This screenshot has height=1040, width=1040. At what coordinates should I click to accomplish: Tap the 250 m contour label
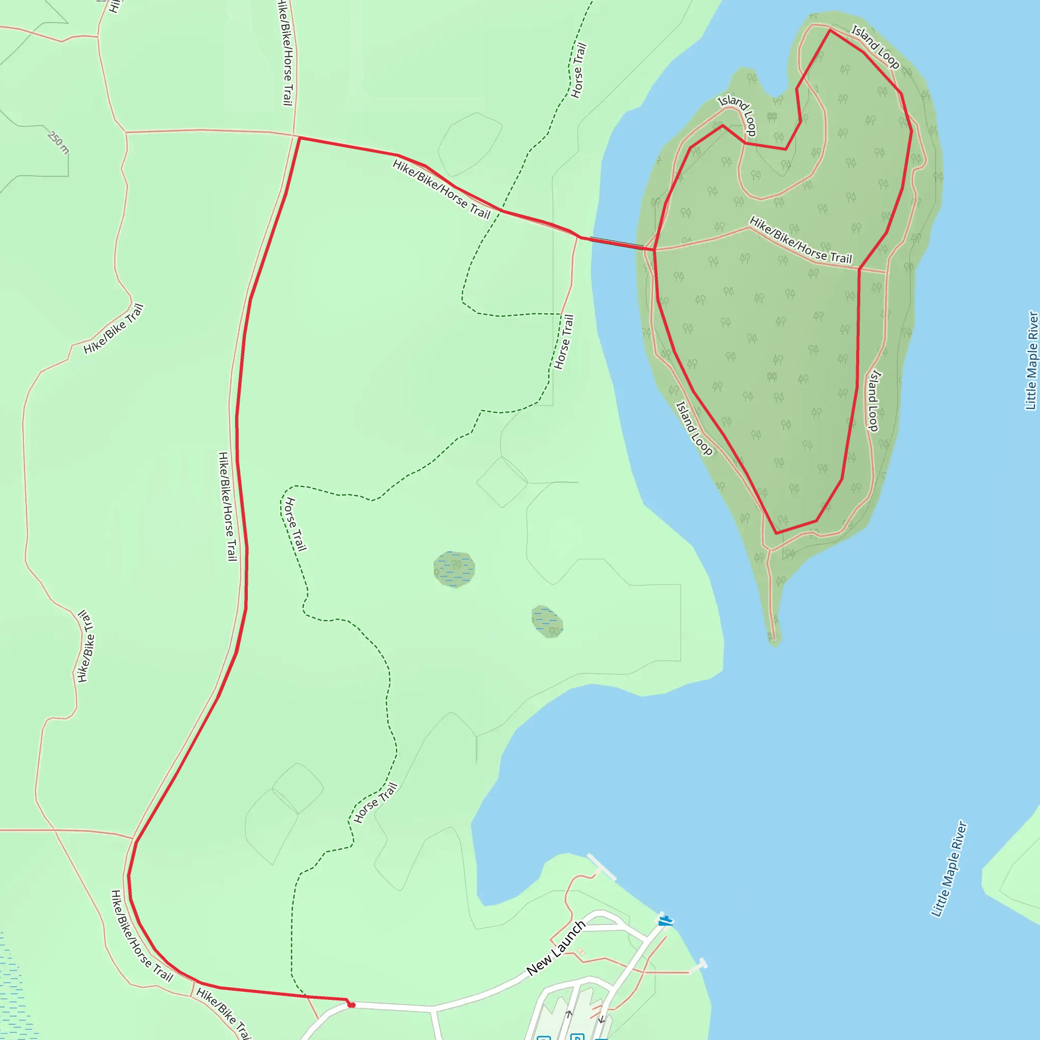58,142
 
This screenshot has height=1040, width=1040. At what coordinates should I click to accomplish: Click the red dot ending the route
351,1004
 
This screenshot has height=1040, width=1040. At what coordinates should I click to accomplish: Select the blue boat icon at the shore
665,921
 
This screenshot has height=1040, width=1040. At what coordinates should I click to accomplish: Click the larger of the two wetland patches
454,569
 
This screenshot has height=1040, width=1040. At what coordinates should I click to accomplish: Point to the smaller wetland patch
547,622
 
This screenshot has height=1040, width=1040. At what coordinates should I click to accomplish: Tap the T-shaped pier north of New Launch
601,867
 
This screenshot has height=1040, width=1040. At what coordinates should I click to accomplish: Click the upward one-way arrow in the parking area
568,1014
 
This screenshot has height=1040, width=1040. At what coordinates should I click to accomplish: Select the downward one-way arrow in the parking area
601,1019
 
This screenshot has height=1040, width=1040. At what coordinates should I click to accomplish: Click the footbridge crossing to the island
616,243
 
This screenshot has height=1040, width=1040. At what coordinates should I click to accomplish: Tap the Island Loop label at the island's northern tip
875,47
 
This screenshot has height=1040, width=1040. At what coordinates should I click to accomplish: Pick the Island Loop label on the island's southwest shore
694,429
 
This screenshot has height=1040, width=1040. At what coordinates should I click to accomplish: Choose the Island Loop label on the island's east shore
874,400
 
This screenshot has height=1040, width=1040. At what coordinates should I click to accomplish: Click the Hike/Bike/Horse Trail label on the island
800,241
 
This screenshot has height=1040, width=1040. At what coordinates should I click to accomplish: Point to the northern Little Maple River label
1031,361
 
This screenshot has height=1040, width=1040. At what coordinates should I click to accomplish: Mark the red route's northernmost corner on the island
830,30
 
